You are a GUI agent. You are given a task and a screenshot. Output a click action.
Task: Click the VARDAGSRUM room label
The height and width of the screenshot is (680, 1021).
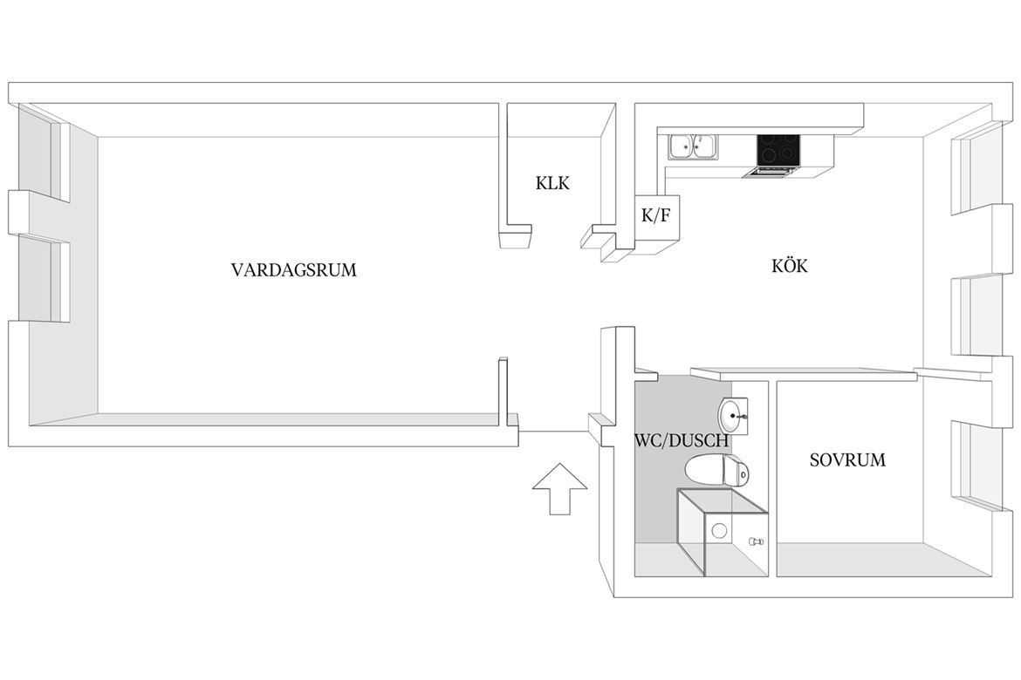(x=294, y=269)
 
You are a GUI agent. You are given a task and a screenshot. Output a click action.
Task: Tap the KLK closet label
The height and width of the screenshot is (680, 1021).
(x=552, y=183)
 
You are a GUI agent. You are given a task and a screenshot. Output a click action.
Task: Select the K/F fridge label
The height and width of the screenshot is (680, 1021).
(x=655, y=215)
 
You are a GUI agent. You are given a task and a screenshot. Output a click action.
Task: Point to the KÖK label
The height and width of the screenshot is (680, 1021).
(x=789, y=265)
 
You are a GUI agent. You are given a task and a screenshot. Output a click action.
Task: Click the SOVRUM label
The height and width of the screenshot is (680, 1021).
(x=847, y=460)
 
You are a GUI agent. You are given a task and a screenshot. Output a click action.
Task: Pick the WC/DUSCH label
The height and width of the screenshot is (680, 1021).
(x=681, y=440)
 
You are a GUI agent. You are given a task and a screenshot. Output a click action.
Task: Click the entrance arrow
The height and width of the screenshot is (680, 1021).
(x=560, y=489)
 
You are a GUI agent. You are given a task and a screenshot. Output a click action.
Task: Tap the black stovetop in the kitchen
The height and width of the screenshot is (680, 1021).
(x=778, y=150)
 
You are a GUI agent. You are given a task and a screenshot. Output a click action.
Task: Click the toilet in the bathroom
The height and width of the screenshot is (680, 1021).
(x=717, y=470)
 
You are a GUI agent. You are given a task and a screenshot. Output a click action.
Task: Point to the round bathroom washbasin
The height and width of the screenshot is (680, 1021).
(x=731, y=414)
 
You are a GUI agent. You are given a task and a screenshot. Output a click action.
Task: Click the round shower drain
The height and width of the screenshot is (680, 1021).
(x=719, y=531)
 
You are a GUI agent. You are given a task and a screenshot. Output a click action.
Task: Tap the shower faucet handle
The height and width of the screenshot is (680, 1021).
(x=756, y=541)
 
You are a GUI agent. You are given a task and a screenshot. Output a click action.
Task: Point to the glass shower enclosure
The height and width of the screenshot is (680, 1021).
(x=723, y=533)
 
